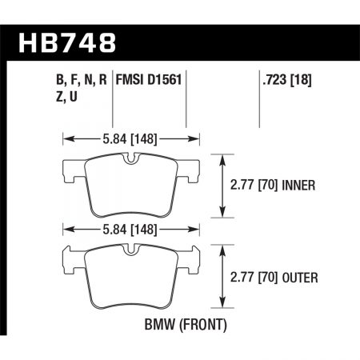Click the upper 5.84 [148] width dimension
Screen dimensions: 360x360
tap(130, 137)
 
